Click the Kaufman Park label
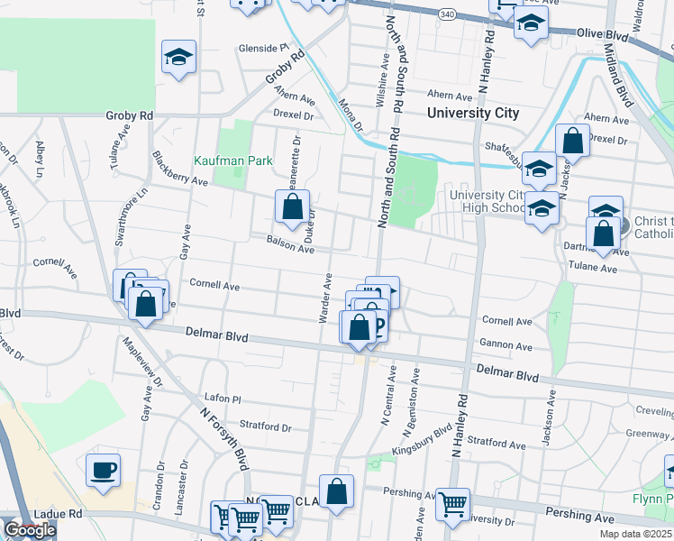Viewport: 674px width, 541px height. click(233, 161)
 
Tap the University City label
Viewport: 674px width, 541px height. click(473, 114)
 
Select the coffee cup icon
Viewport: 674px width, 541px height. click(103, 470)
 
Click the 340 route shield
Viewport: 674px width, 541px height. click(448, 14)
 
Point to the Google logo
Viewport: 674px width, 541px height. click(29, 530)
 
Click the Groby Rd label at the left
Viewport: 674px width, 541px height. click(130, 116)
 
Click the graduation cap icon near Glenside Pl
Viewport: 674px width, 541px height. click(178, 58)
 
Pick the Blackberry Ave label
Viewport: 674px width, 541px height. click(180, 169)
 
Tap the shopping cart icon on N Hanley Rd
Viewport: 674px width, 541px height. click(452, 505)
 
